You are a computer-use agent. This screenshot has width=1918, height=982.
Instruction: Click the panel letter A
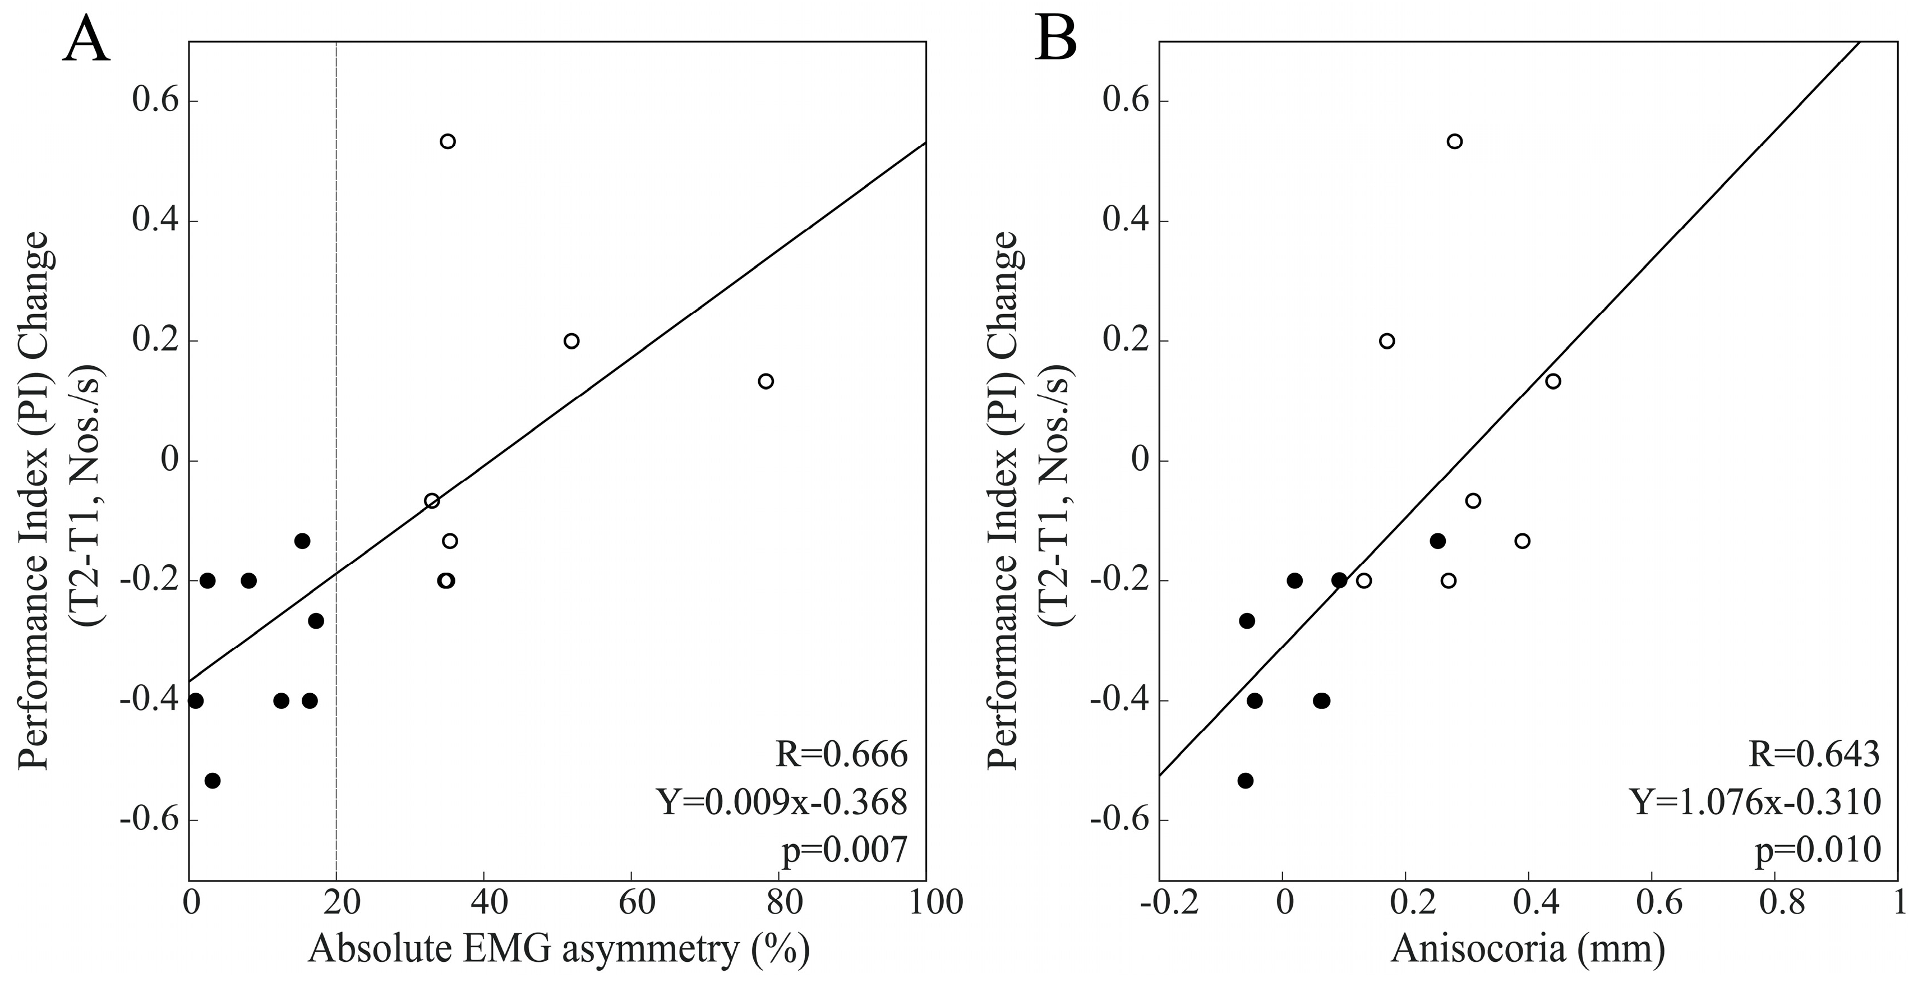tap(86, 41)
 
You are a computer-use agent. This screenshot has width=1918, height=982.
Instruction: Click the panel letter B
tap(1056, 41)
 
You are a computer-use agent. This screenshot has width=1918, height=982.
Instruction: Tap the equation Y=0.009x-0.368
tap(782, 803)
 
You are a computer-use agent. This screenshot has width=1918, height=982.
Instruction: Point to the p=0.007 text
tap(845, 850)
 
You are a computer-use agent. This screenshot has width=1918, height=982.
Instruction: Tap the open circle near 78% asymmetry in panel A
tap(766, 381)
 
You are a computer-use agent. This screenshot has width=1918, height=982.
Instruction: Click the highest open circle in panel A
tap(448, 141)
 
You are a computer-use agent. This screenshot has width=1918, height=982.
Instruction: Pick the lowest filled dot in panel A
tap(212, 780)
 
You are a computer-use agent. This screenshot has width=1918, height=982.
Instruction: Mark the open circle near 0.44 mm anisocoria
tap(1553, 381)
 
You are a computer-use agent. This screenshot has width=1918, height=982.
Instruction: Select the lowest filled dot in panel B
tap(1246, 780)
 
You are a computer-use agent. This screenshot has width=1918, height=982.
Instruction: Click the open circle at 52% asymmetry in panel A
tap(571, 341)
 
